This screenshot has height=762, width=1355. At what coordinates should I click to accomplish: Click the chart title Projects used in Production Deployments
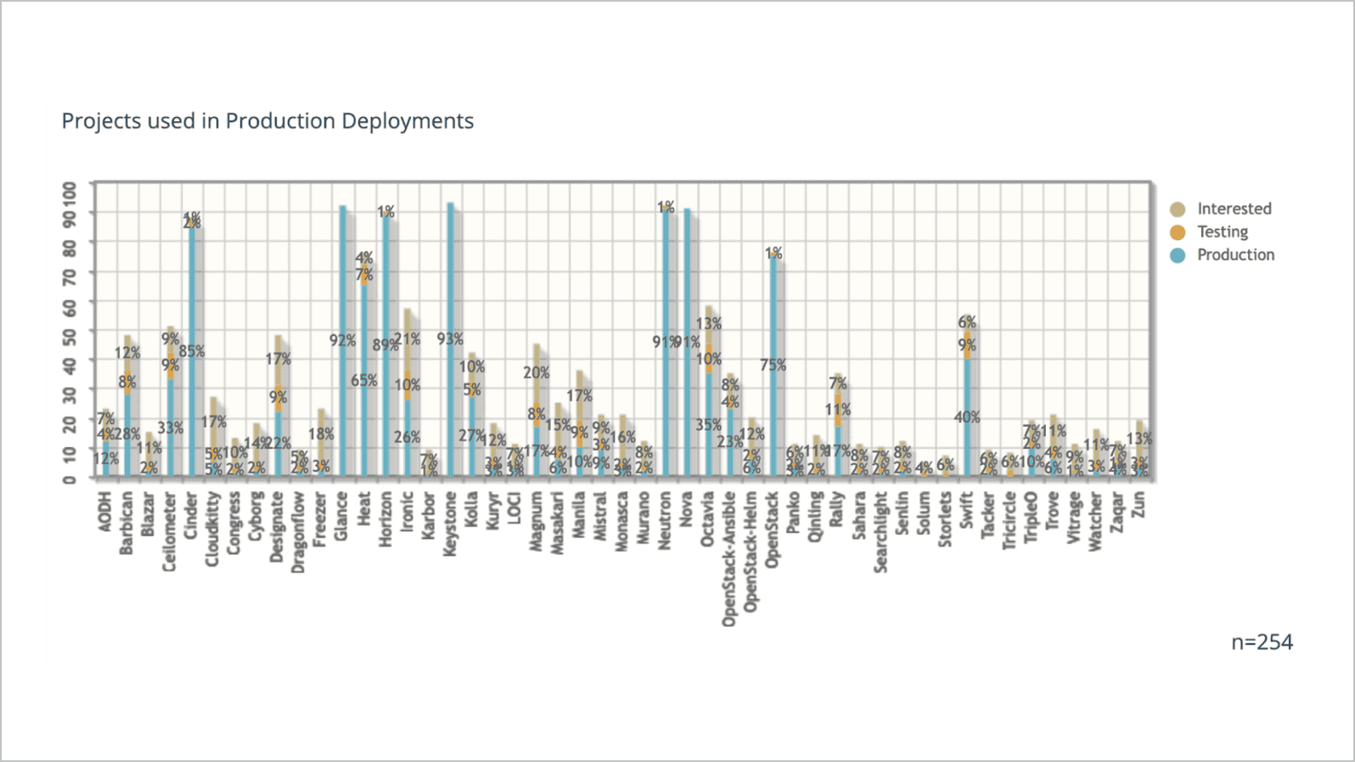pos(267,121)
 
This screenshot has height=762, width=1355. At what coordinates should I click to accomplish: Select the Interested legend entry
pos(1233,209)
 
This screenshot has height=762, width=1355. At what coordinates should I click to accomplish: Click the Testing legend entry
pos(1222,232)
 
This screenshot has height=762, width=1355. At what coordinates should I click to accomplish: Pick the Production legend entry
pos(1234,255)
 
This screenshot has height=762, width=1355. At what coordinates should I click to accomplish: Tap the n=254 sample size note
pos(1262,642)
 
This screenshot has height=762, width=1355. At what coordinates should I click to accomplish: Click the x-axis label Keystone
pos(450,524)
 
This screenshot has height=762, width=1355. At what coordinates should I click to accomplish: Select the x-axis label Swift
pos(966,510)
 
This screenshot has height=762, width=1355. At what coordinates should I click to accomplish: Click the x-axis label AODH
pos(105,512)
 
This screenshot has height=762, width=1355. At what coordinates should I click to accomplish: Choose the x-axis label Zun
pos(1139,504)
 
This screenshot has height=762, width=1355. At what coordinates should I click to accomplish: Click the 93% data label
pos(450,339)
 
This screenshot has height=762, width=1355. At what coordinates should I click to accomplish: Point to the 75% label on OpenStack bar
pos(773,365)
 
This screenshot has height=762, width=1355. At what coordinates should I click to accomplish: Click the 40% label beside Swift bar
pos(966,417)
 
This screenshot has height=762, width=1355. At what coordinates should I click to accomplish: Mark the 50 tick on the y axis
pos(70,334)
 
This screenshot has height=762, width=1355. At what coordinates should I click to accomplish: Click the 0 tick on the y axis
pos(70,479)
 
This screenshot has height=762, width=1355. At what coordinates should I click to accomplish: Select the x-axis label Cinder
pos(192,515)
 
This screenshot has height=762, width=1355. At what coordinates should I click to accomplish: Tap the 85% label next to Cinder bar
pos(192,350)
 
